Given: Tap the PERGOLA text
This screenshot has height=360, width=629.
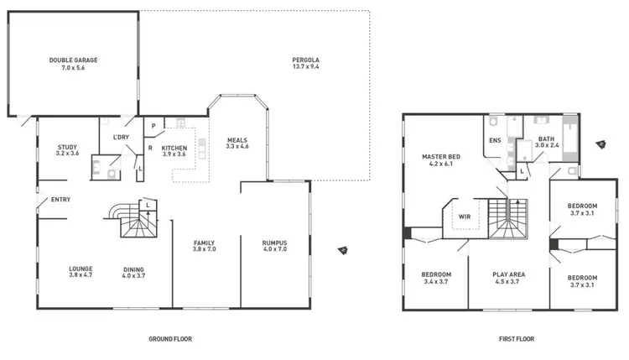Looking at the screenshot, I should [306, 60].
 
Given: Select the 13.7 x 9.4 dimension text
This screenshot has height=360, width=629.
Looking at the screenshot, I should [306, 67].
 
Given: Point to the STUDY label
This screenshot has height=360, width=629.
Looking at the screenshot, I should [67, 147].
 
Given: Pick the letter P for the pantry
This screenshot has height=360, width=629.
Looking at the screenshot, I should [154, 127].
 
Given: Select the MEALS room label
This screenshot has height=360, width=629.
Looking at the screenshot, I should [237, 139].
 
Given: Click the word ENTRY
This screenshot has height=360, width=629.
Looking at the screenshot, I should [60, 200].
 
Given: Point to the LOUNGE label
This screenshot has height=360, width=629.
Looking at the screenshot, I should [81, 269].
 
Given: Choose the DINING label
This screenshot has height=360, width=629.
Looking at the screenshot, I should [133, 269].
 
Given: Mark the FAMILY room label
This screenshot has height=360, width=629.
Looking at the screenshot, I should [204, 243].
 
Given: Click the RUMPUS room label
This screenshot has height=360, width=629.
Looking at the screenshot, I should [275, 243].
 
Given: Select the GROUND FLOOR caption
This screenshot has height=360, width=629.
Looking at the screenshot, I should [170, 340].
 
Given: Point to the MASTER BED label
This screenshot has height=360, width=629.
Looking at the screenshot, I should [440, 157].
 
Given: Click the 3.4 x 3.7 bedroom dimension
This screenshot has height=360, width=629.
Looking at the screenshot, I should [436, 282].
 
